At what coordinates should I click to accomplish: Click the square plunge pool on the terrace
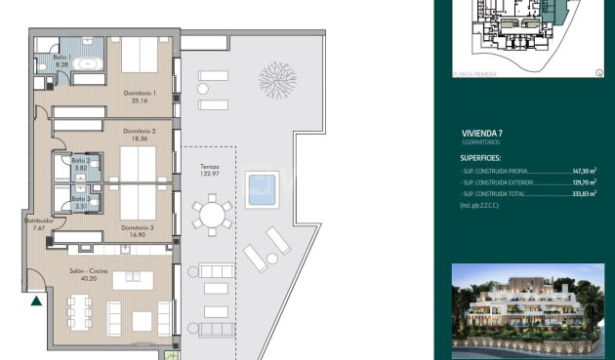point(261,188)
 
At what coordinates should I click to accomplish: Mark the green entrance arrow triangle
point(36,300)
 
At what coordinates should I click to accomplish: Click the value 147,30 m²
point(583,170)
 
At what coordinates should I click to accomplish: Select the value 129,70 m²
point(583,182)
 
